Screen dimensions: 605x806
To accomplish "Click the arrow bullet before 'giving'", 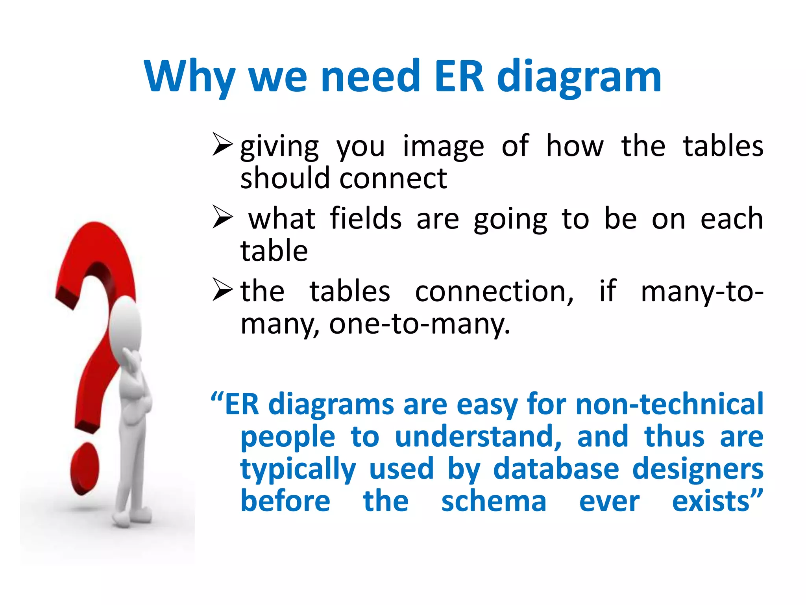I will click(222, 144).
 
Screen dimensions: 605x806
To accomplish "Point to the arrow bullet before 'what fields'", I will click(222, 217).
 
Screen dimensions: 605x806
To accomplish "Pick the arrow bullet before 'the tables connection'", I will click(222, 289).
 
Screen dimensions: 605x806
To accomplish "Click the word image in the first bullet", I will click(443, 147).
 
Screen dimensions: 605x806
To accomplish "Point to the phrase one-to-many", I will click(419, 324).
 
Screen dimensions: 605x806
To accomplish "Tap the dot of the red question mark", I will click(85, 469).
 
